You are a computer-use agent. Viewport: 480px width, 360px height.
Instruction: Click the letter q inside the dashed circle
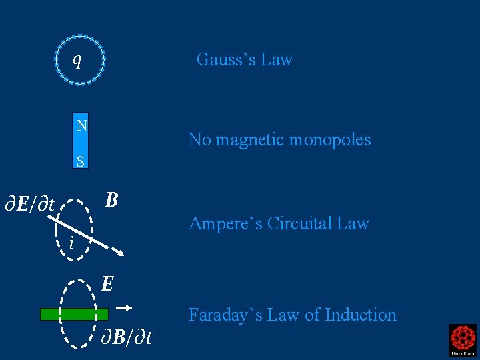click(x=77, y=60)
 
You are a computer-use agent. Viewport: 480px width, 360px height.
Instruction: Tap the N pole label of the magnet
click(x=81, y=125)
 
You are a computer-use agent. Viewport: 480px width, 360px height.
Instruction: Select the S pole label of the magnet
click(x=81, y=161)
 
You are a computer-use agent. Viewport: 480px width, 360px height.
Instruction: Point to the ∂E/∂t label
click(x=29, y=203)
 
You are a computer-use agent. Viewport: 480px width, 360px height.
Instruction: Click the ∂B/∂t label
click(x=126, y=337)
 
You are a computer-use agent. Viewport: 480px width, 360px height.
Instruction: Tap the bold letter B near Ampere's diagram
click(x=112, y=199)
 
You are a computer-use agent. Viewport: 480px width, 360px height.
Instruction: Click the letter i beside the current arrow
click(x=71, y=243)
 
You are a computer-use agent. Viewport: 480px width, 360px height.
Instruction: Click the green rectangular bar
click(x=74, y=314)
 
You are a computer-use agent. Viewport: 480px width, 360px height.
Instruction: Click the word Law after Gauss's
click(x=277, y=59)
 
